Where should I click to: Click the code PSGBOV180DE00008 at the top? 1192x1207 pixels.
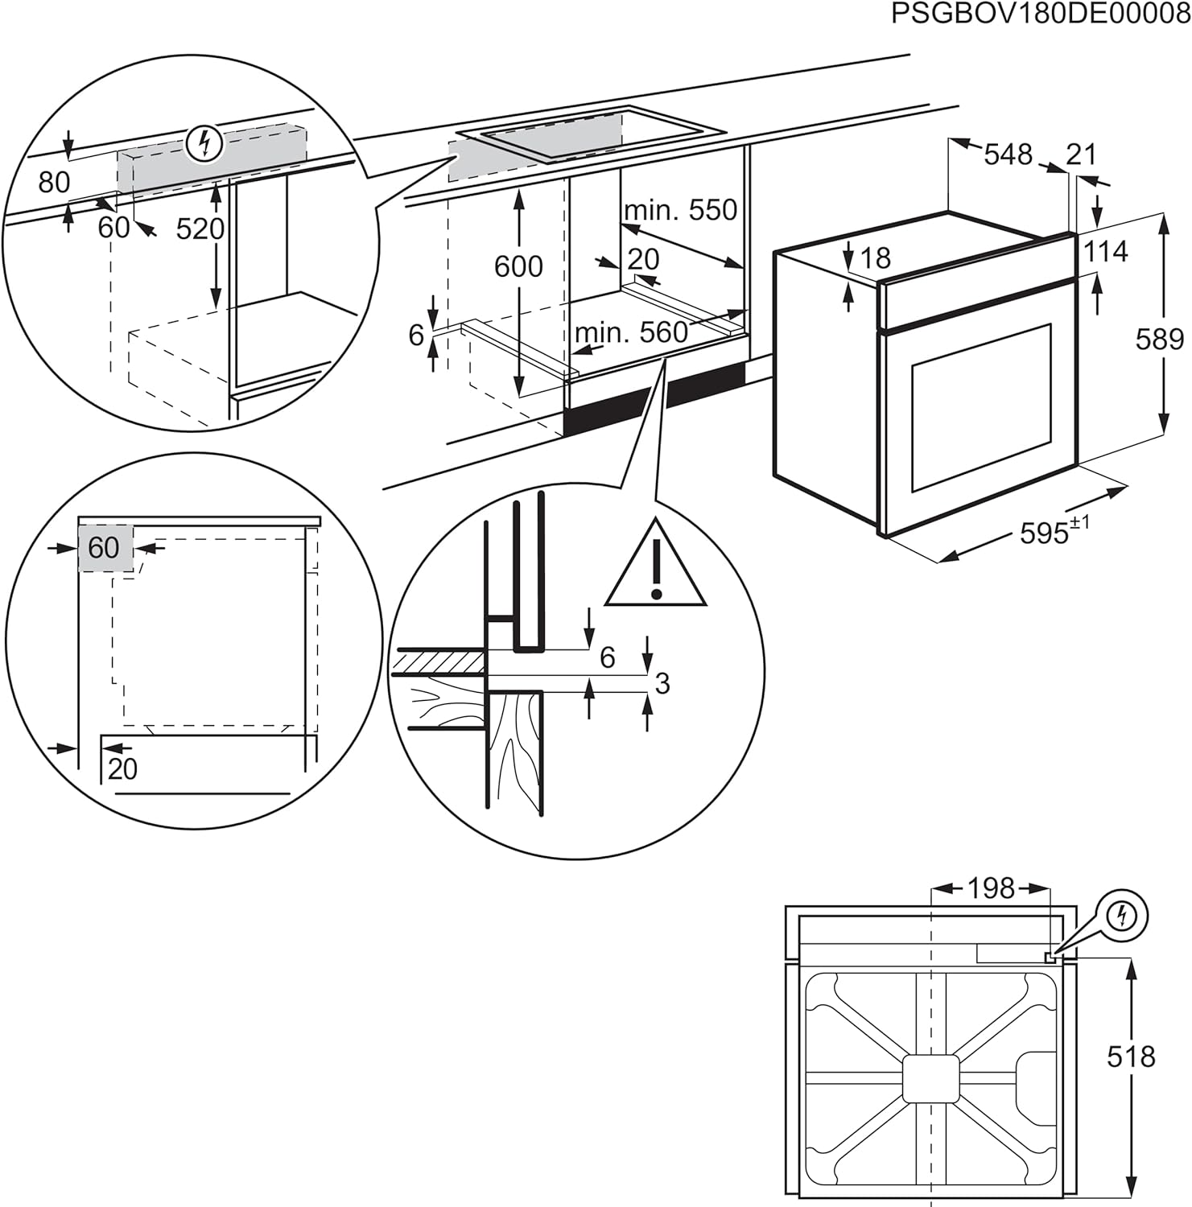pyautogui.click(x=1040, y=15)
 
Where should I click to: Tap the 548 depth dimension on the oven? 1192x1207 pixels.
pyautogui.click(x=1008, y=154)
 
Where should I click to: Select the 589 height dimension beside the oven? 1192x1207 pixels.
pyautogui.click(x=1159, y=340)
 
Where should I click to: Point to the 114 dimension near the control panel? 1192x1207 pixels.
pyautogui.click(x=1105, y=252)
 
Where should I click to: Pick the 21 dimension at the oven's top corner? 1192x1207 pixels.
pyautogui.click(x=1080, y=154)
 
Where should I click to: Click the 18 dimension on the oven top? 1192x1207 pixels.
pyautogui.click(x=875, y=257)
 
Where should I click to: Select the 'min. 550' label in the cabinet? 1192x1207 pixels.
pyautogui.click(x=681, y=210)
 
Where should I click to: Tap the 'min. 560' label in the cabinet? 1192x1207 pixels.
pyautogui.click(x=632, y=332)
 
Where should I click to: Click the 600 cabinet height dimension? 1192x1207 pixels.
pyautogui.click(x=518, y=266)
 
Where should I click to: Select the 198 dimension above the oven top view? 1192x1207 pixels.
pyautogui.click(x=990, y=888)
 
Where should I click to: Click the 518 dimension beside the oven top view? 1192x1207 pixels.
pyautogui.click(x=1131, y=1057)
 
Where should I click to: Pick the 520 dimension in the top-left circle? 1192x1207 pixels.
pyautogui.click(x=200, y=229)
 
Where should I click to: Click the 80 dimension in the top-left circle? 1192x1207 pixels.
pyautogui.click(x=54, y=183)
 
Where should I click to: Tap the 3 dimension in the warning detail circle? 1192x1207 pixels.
pyautogui.click(x=662, y=683)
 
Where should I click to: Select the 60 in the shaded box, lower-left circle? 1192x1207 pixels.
pyautogui.click(x=104, y=548)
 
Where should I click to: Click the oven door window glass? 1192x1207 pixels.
pyautogui.click(x=980, y=406)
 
